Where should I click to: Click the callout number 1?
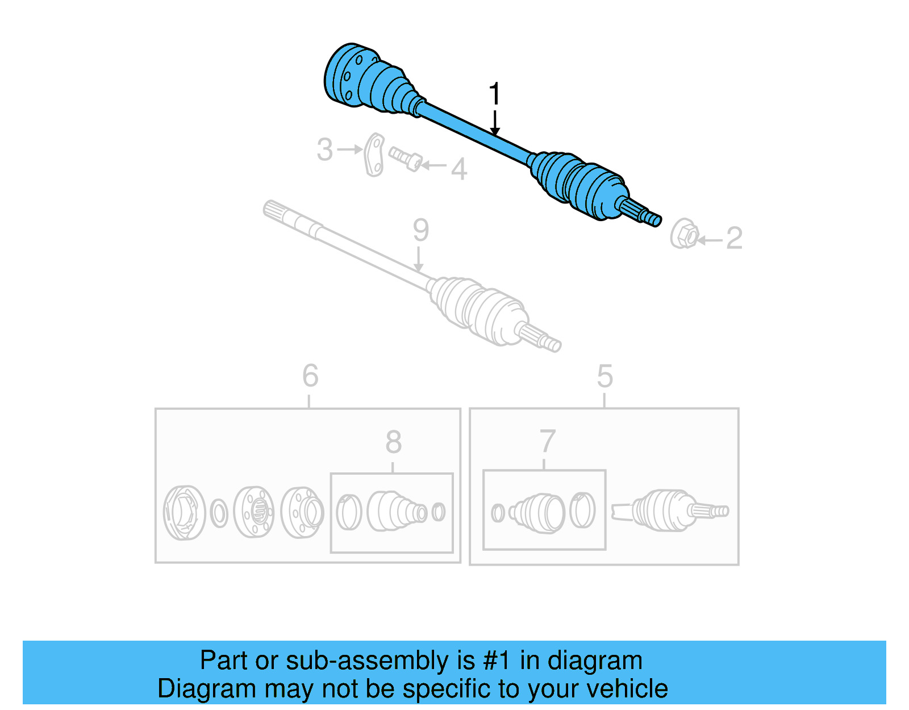[495, 94]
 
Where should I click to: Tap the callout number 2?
[734, 238]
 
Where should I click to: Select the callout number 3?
[324, 150]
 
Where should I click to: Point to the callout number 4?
[459, 169]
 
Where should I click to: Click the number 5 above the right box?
[604, 376]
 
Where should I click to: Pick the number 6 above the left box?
[310, 376]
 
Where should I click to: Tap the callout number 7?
[547, 441]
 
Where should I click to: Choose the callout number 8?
[393, 442]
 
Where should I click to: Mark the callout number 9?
[420, 230]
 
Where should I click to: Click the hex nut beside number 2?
[683, 234]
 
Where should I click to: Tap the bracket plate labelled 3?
[374, 155]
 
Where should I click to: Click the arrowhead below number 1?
[495, 131]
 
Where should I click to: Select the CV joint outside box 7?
[670, 510]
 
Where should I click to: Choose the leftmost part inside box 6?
[184, 512]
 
